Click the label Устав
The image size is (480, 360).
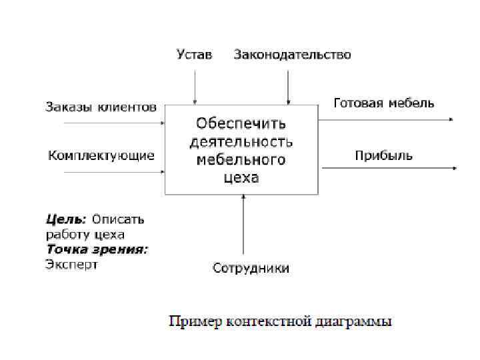[194, 55]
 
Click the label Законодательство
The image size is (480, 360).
[292, 55]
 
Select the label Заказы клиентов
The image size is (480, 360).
[101, 107]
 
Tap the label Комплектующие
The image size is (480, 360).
[101, 155]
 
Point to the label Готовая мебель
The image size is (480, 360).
[383, 103]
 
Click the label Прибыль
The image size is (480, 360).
[383, 155]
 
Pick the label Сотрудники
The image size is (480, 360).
[251, 269]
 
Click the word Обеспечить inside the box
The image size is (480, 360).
[241, 124]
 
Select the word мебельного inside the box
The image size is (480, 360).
[241, 160]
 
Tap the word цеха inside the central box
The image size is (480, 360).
[241, 178]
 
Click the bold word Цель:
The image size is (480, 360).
[66, 219]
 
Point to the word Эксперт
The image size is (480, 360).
[71, 265]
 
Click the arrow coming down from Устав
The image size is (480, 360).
[194, 83]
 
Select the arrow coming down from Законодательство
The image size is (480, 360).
[288, 83]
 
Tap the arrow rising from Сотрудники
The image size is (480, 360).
[243, 227]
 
